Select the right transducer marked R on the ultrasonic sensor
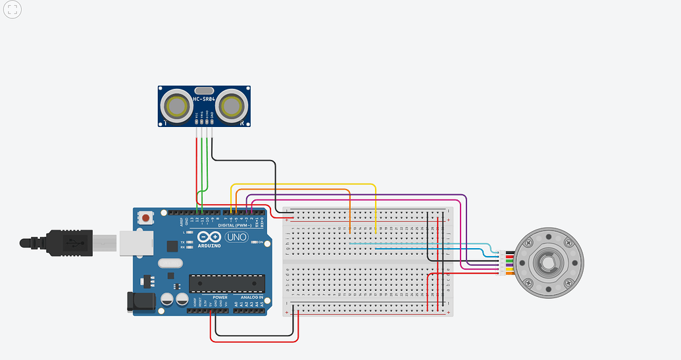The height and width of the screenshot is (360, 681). click(x=232, y=105)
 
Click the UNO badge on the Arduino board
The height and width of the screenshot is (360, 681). click(x=236, y=237)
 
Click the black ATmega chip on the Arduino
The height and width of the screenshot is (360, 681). click(x=227, y=283)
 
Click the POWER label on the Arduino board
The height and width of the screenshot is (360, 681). click(x=220, y=297)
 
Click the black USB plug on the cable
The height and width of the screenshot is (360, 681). click(x=63, y=242)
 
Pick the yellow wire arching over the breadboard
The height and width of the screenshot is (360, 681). click(x=303, y=185)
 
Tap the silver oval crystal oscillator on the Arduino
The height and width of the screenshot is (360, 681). click(x=168, y=263)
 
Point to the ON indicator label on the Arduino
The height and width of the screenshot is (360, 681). click(x=261, y=242)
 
